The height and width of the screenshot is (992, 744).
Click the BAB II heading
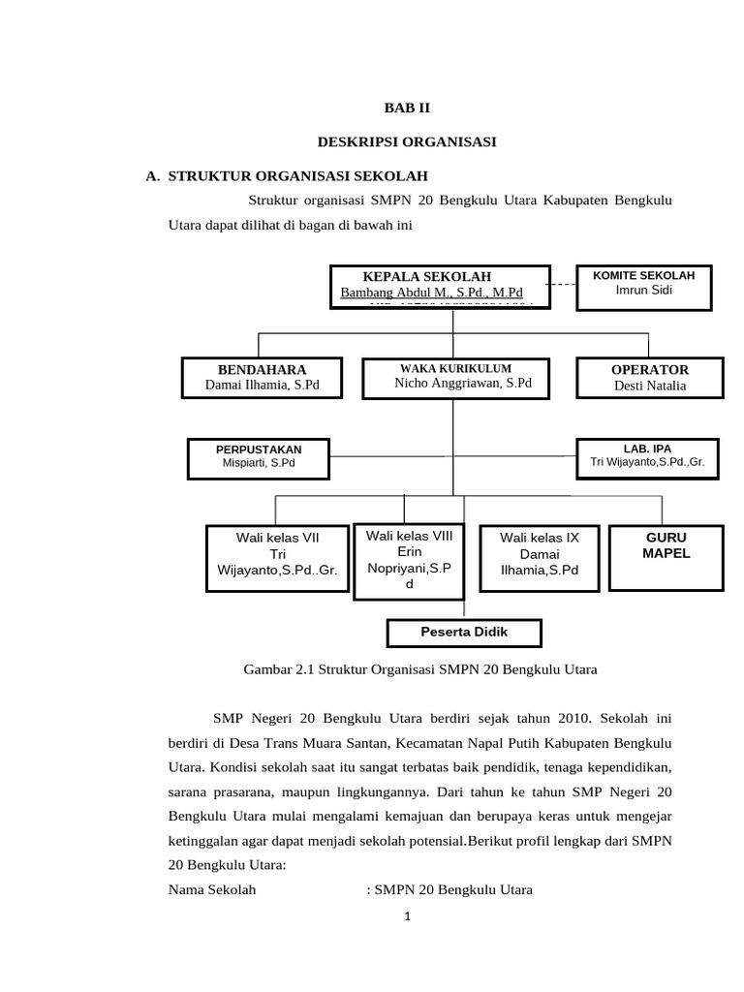407,109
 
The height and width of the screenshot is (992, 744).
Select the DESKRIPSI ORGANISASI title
407,142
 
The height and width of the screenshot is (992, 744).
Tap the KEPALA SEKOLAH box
441,286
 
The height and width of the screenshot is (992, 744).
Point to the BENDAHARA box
262,377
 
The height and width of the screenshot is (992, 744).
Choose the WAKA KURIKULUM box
456,378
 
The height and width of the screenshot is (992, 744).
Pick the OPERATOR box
649,378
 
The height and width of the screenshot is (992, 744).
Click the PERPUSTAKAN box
259,456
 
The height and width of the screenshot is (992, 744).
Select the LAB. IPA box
648,456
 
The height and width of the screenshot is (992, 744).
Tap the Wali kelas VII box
278,554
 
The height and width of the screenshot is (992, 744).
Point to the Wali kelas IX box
539,554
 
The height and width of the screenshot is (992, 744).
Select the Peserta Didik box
464,633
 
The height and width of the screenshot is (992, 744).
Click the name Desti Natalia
650,386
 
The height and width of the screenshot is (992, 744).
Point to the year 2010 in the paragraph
573,718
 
